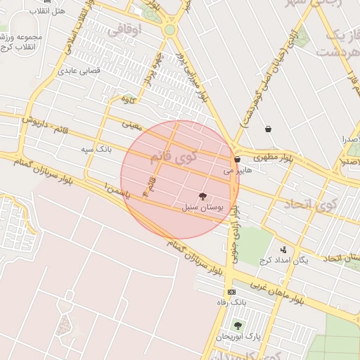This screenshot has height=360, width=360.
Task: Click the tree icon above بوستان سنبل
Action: click(203, 197)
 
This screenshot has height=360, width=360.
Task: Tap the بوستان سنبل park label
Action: click(202, 208)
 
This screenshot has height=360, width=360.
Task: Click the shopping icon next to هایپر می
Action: click(238, 160)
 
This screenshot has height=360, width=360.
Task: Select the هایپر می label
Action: click(237, 170)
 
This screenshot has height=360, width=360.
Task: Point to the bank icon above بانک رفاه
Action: click(231, 292)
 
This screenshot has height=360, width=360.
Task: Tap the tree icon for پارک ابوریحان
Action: click(238, 326)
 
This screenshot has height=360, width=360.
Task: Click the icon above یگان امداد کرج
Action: click(283, 249)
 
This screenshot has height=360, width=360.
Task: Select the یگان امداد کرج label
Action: click(284, 260)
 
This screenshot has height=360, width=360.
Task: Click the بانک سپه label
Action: click(97, 150)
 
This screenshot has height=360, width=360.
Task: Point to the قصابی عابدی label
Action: click(79, 70)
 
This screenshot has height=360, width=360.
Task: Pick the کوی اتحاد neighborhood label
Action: click(309, 205)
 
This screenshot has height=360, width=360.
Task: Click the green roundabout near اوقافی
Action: click(169, 30)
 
